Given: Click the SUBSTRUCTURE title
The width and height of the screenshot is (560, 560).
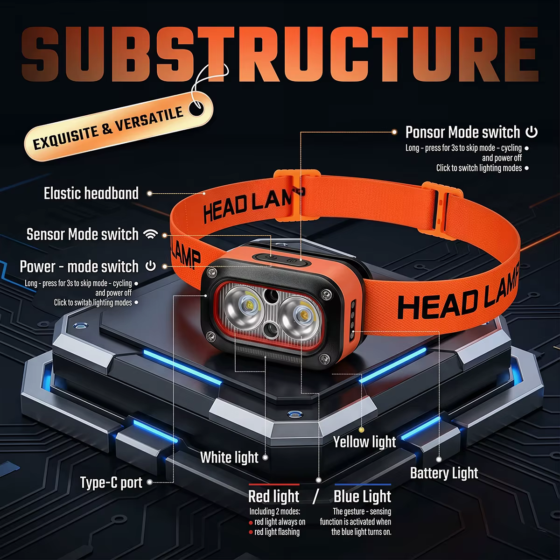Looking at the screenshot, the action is pos(280,54).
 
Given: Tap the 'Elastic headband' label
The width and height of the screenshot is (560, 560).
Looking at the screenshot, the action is pos(91,193).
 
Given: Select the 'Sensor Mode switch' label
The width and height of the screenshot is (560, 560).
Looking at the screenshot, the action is pos(83,234).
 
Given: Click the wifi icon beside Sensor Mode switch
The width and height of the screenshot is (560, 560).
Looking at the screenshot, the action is pos(151,234).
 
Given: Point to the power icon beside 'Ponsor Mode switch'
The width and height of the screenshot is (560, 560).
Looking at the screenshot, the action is pos(531,132).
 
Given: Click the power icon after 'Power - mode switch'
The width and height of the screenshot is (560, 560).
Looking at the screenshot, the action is pos(151,266).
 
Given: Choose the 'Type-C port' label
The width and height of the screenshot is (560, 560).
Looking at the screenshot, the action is pos(112,483).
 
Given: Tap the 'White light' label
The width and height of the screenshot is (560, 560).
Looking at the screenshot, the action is pos(229,457).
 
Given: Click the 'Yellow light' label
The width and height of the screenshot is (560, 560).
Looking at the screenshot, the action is pos(364,442).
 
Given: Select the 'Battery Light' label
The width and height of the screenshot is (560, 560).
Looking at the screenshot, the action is pos(444,473).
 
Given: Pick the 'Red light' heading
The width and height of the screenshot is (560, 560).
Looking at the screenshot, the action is pos(274,496).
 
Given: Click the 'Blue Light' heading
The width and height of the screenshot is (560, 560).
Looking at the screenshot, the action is pos(363,496).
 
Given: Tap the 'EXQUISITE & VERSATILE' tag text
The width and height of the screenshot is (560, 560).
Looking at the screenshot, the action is pos(108,128).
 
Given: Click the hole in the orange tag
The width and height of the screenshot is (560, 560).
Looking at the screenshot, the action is pos(196,108).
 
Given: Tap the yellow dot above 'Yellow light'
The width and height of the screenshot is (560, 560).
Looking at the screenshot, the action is pos(361,429).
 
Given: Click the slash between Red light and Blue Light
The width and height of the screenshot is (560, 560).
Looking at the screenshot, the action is pos(316,497).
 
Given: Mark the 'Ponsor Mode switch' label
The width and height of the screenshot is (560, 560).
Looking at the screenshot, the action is pos(462,132).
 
